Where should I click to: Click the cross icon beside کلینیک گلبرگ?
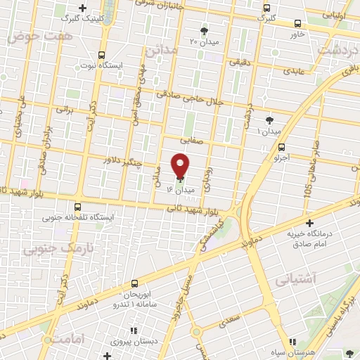coord(83,9)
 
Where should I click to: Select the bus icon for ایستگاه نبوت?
coord(103,55)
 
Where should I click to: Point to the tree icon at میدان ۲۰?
coord(205,30)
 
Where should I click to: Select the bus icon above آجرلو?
coord(282,148)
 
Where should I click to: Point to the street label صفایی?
coord(193,139)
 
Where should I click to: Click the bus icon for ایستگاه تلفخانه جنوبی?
coord(77,207)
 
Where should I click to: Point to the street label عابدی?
coord(293,70)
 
